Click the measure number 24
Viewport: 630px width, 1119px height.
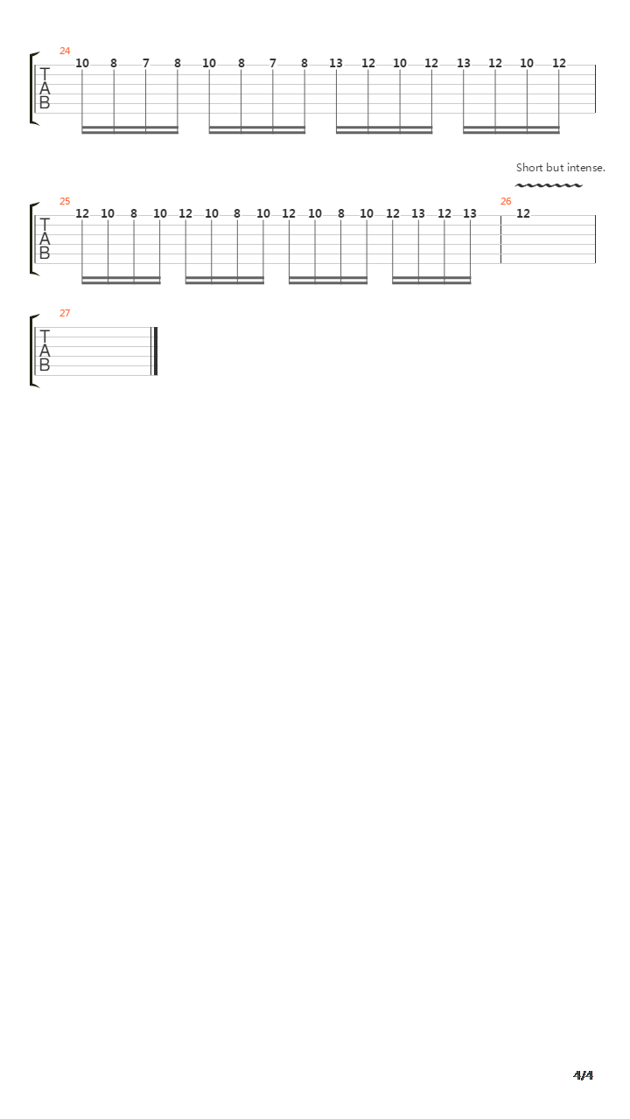pos(65,51)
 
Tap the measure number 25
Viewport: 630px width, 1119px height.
pos(65,201)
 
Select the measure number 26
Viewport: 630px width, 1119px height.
pos(506,201)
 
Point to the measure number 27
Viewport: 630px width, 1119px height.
pos(65,313)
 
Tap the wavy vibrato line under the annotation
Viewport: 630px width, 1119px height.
pos(549,185)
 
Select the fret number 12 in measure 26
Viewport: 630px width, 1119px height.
pos(523,213)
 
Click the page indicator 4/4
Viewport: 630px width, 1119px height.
pos(583,1074)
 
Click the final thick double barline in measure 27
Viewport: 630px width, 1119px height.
pos(155,351)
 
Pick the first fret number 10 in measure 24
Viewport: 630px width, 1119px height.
pos(82,64)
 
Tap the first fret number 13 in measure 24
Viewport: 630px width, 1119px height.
pos(336,64)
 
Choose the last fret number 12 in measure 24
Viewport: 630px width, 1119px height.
pos(559,64)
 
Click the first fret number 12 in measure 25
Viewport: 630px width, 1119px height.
pos(82,213)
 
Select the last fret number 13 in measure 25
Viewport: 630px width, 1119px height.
pos(470,213)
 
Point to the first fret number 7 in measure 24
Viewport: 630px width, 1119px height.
pos(145,64)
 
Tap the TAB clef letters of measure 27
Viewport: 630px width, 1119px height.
pos(45,351)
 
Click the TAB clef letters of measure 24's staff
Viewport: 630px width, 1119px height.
pos(45,88)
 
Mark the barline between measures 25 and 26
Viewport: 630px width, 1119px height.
pos(501,240)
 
